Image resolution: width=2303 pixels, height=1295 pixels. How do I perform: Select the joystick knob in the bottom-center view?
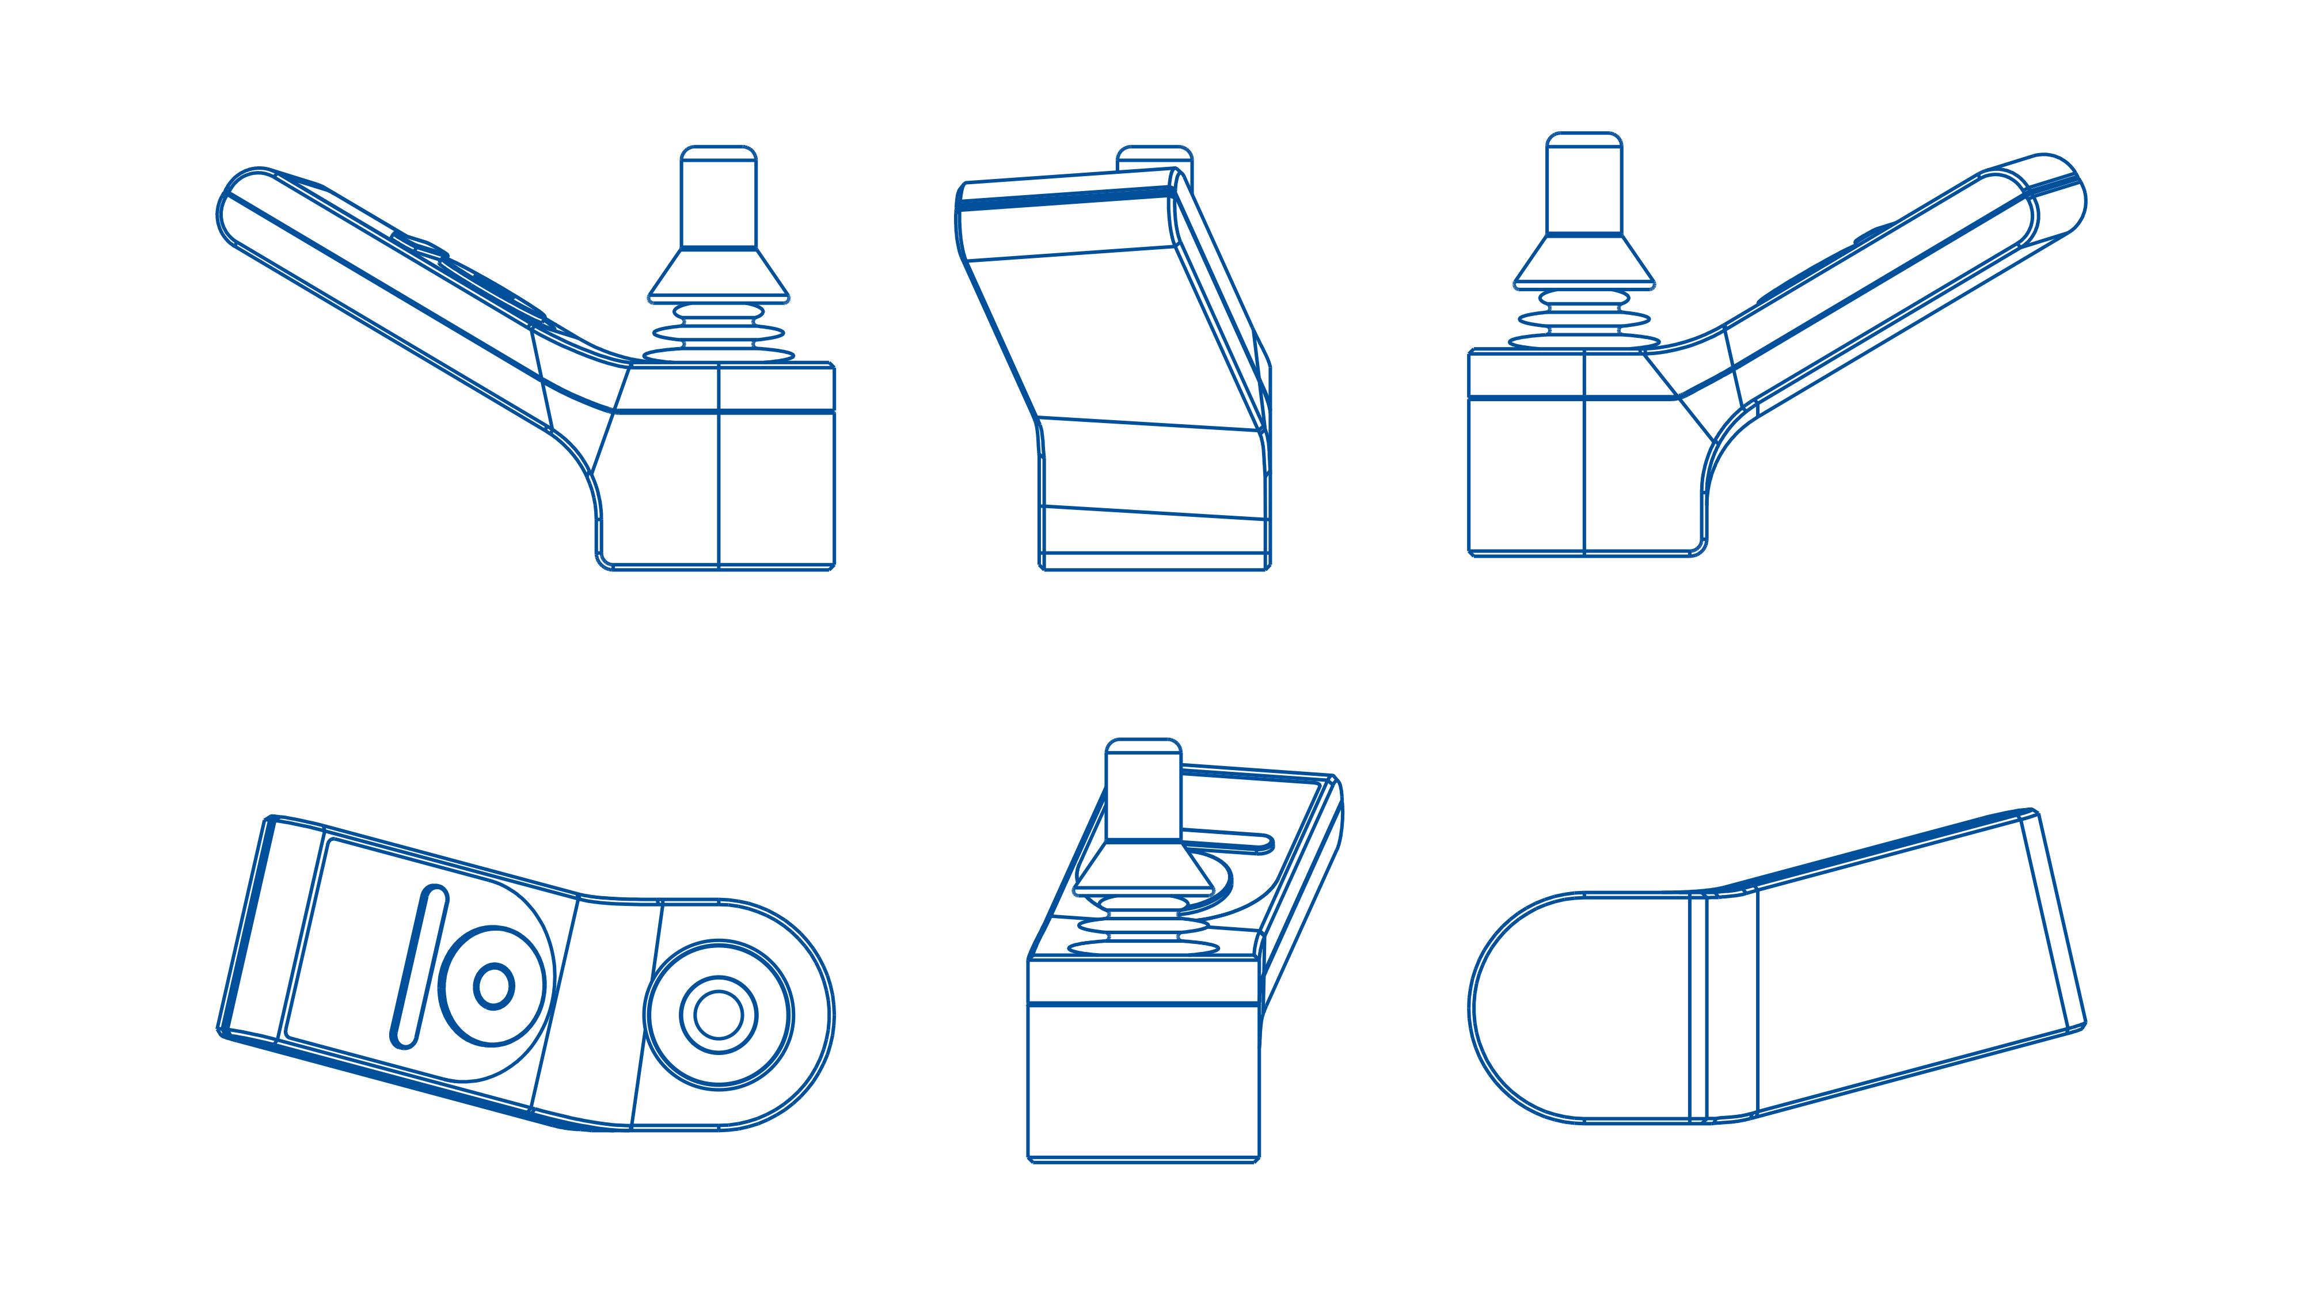[x=1143, y=790]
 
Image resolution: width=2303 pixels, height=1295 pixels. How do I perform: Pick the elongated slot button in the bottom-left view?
[x=419, y=965]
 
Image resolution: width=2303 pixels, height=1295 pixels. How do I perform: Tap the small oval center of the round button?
[x=493, y=986]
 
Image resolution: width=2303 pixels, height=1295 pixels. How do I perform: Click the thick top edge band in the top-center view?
[x=1064, y=199]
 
